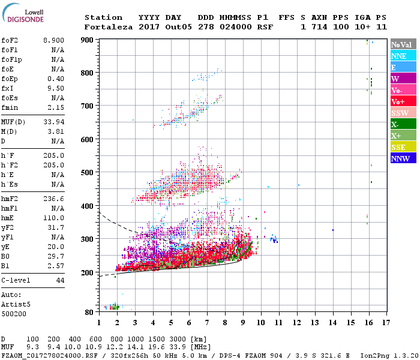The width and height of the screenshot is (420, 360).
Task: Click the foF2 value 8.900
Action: click(x=53, y=40)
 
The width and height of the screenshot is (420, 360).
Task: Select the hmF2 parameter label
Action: click(x=11, y=198)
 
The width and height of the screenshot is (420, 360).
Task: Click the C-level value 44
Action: click(x=60, y=280)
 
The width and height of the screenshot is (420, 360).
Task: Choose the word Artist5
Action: click(x=14, y=304)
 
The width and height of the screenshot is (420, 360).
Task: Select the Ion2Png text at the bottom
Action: click(x=376, y=355)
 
